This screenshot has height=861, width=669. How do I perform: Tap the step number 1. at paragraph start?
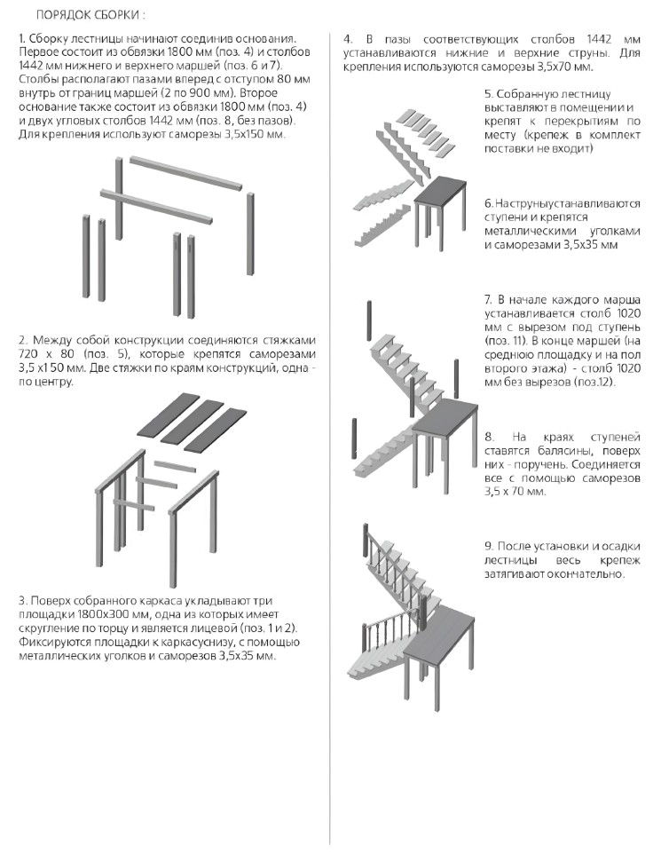22,41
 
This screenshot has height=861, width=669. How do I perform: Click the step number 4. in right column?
349,41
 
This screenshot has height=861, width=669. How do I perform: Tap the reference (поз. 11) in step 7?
510,340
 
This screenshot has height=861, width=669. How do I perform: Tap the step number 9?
490,546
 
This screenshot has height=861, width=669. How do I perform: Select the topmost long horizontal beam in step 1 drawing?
185,173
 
